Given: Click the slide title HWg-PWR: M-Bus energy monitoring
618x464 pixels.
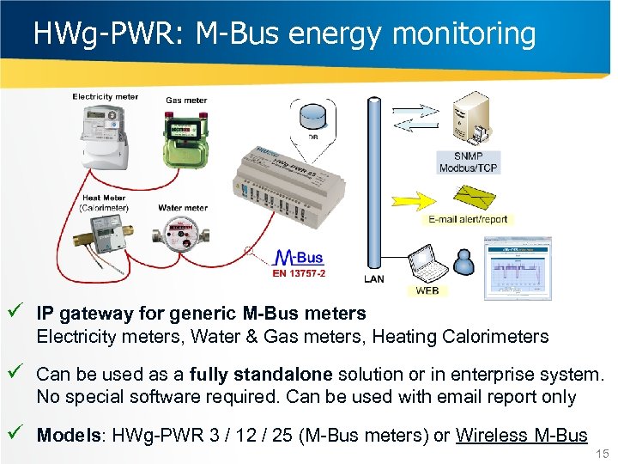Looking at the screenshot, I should coord(284,34).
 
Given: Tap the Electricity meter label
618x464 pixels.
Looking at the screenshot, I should coord(105,97).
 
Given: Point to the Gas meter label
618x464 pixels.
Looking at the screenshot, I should coord(186,101).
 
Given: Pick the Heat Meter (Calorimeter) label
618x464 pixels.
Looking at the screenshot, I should coord(104,203).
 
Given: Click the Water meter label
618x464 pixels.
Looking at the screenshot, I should coord(182,208).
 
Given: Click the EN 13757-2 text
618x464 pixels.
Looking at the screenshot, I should coord(298,273).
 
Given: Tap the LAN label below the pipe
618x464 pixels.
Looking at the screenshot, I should coord(373,279).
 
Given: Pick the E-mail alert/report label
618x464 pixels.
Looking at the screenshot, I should coord(468,219).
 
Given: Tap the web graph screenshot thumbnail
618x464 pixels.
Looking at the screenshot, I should coord(516,267).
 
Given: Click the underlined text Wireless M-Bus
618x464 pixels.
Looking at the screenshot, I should coord(521,435).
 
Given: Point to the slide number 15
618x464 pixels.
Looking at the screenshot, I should coord(601,454).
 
